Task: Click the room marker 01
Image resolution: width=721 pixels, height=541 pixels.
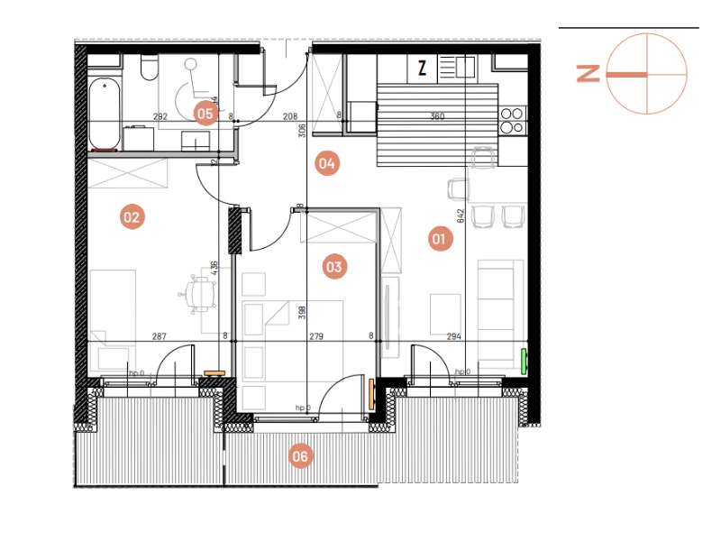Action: coord(439,239)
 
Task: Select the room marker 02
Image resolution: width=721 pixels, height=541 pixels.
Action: coord(132,216)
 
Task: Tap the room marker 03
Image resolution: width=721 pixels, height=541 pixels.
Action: coord(334,266)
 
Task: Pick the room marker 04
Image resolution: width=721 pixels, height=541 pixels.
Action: coord(326,163)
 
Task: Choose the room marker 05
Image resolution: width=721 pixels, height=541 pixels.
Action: coord(205,113)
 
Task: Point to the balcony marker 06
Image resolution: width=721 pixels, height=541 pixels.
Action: coord(300,456)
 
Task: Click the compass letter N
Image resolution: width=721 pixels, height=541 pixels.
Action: coord(588,74)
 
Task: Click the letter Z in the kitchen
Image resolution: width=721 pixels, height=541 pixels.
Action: coord(422,67)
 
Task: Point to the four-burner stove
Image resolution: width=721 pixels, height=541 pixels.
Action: coord(512,121)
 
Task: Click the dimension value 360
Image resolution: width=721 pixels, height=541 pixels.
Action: coord(437,116)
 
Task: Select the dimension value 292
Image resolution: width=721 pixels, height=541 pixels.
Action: coord(160,116)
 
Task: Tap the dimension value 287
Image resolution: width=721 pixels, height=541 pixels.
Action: coord(159,336)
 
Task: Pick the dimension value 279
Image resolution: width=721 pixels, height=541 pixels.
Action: coord(315,336)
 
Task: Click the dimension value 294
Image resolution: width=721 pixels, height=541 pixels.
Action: coord(455,336)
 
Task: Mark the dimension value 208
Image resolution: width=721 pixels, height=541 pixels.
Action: coord(290,116)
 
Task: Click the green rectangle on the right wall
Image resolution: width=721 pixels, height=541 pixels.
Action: coord(525,360)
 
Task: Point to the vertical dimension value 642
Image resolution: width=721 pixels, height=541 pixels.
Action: coord(461,215)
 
